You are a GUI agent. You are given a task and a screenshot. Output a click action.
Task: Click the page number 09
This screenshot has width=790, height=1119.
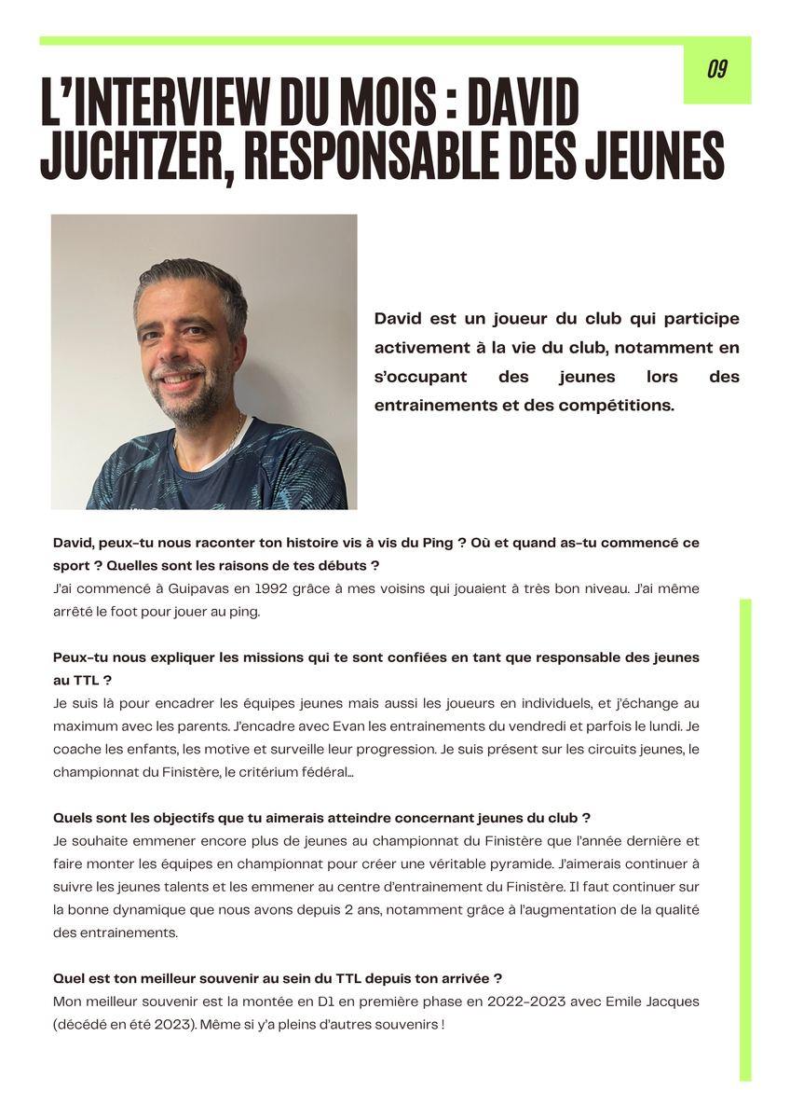[716, 70]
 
